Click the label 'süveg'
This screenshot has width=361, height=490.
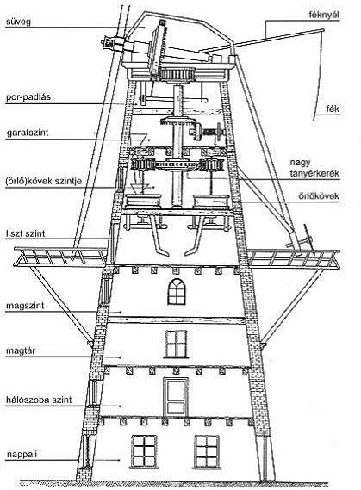point(18,22)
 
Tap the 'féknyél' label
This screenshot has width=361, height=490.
point(324,15)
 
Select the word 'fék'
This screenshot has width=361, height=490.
point(333,109)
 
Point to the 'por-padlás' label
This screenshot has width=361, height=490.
point(28,96)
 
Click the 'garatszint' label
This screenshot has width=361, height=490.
point(28,133)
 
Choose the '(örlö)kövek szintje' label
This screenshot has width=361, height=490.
point(43,181)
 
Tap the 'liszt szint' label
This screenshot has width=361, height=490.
point(25,233)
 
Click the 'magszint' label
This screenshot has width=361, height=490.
point(25,306)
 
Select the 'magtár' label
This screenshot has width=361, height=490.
point(21,350)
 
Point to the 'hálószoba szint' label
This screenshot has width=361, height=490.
point(39,400)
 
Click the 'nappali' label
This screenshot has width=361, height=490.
point(22,455)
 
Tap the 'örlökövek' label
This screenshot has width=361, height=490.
point(319,196)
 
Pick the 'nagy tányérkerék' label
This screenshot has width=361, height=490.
point(314,168)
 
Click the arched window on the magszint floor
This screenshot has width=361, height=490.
point(177,292)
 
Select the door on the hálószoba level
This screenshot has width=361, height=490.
point(176,396)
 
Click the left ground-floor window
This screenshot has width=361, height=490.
point(144,452)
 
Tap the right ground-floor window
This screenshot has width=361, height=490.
point(206,452)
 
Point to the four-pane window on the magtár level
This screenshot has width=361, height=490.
point(176,344)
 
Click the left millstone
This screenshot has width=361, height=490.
point(144,202)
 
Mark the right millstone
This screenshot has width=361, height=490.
point(211,202)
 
